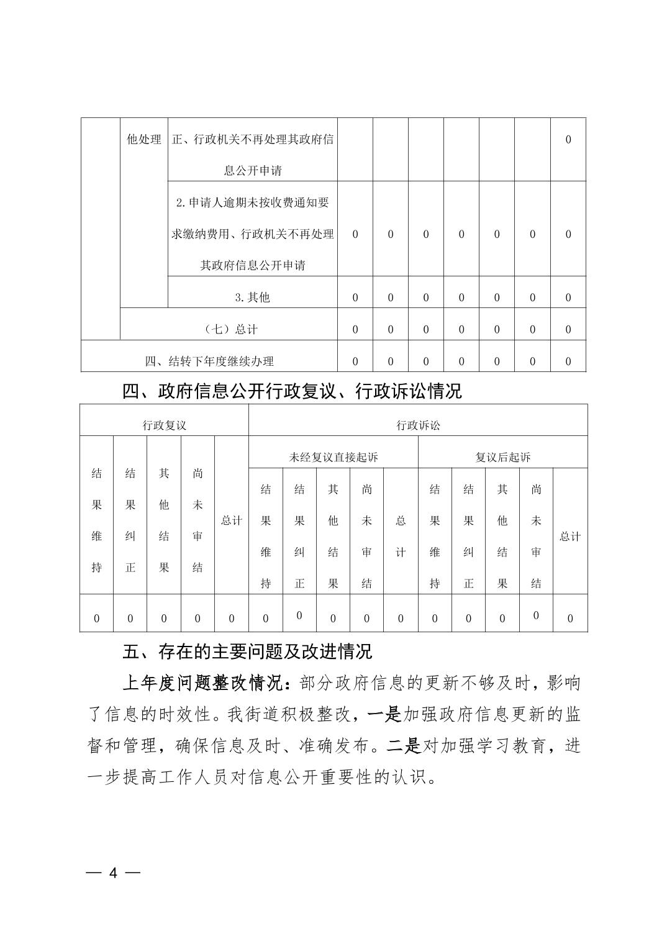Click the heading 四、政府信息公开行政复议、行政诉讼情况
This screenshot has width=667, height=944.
click(x=292, y=391)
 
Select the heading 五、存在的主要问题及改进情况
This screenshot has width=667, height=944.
click(x=247, y=651)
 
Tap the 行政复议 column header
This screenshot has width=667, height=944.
click(x=164, y=425)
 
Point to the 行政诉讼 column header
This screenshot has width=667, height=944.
click(x=418, y=425)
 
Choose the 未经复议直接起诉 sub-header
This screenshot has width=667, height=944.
click(x=333, y=457)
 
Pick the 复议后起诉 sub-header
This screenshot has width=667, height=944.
click(x=502, y=457)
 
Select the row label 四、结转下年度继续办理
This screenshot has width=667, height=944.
click(x=209, y=361)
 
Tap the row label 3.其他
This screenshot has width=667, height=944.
click(x=252, y=297)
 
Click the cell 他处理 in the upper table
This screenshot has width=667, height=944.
click(x=143, y=139)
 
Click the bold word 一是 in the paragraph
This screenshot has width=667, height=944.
click(x=384, y=714)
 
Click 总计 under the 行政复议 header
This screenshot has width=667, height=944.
click(x=232, y=520)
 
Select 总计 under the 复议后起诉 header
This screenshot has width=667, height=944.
click(x=570, y=536)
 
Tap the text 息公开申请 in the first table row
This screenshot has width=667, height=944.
click(x=252, y=171)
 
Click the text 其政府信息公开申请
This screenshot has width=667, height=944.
click(x=252, y=265)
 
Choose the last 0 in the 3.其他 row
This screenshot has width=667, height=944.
click(x=568, y=297)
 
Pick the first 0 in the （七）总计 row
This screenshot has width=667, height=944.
click(x=355, y=329)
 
